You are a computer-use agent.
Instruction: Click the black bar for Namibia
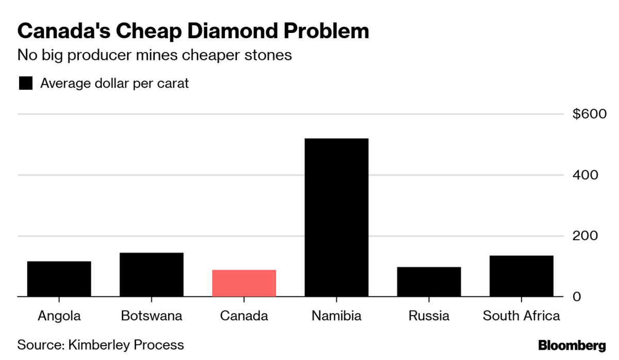336,217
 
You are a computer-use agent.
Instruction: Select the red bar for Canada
244,283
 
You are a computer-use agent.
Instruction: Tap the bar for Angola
59,279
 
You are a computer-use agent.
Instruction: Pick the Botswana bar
152,274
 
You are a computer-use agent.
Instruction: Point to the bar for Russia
429,282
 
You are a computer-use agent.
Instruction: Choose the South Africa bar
521,276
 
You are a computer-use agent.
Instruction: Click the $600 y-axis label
589,114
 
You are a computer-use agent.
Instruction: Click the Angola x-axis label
59,316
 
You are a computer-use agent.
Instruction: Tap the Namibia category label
336,316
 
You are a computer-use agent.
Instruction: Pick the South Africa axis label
521,316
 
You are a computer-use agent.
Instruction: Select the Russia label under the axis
429,316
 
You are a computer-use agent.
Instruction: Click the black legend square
26,84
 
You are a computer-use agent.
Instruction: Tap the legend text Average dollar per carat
115,84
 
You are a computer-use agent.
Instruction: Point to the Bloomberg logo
572,345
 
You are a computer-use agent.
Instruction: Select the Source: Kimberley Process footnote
101,344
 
